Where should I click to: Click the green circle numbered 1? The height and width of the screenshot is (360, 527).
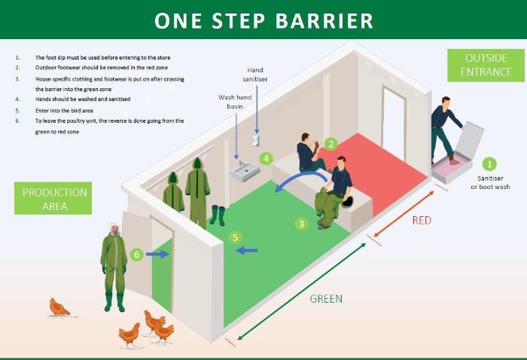point(489,163)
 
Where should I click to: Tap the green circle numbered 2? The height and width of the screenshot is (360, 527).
point(331,143)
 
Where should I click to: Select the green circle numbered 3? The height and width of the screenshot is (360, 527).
point(302,224)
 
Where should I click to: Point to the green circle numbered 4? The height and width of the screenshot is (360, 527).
point(266,159)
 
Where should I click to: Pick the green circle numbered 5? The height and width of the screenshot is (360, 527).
point(236,237)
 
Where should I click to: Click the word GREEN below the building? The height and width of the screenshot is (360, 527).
point(326,299)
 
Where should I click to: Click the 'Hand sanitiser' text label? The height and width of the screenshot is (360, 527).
point(255,74)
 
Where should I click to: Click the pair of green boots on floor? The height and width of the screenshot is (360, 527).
point(218,216)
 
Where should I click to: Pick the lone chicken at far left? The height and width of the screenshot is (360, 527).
point(59,307)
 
